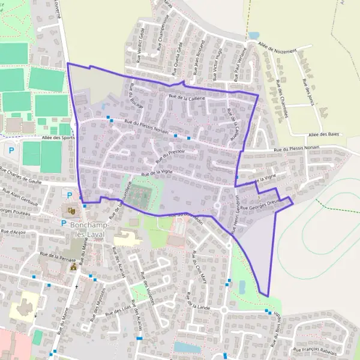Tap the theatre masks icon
(x=71, y=210)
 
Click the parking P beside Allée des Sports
(x=10, y=150)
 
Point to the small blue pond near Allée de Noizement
(x=254, y=36)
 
